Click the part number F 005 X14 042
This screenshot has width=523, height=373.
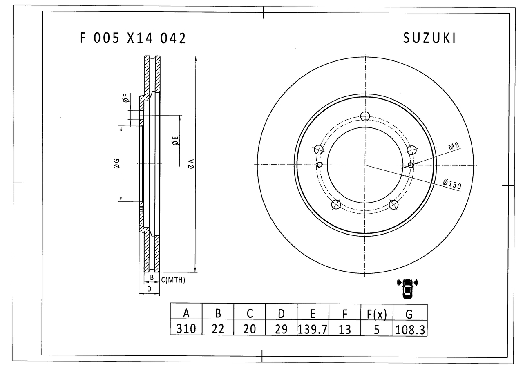(133, 38)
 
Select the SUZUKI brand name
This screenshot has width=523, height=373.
(429, 38)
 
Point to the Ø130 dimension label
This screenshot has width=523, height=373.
(451, 184)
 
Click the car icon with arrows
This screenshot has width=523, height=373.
(407, 287)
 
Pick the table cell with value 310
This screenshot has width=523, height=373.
(186, 328)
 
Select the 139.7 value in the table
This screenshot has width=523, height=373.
(313, 328)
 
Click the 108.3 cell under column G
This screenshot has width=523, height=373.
(410, 329)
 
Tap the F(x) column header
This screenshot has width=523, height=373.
(377, 313)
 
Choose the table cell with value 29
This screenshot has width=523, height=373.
(281, 328)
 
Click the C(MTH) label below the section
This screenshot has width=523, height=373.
(173, 280)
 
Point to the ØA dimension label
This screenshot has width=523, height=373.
(190, 164)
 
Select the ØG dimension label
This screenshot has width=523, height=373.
(116, 164)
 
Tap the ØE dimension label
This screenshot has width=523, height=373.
(175, 141)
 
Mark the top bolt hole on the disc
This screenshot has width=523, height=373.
(365, 116)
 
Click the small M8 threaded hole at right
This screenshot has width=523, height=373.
(411, 165)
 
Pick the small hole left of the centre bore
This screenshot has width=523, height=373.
(320, 165)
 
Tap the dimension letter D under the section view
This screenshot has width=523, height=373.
(149, 289)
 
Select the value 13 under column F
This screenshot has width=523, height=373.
(345, 328)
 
